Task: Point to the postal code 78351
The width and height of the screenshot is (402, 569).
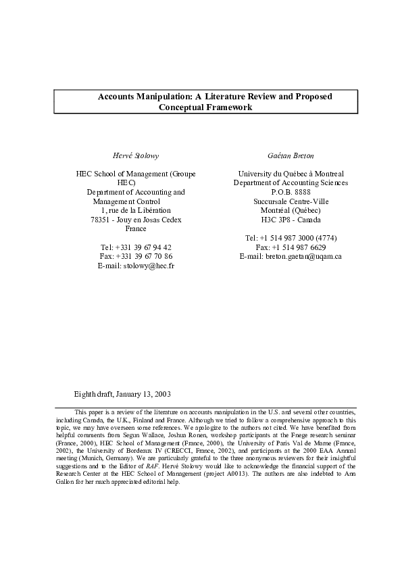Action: tap(101, 220)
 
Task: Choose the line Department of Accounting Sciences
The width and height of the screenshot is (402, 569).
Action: tap(291, 183)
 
